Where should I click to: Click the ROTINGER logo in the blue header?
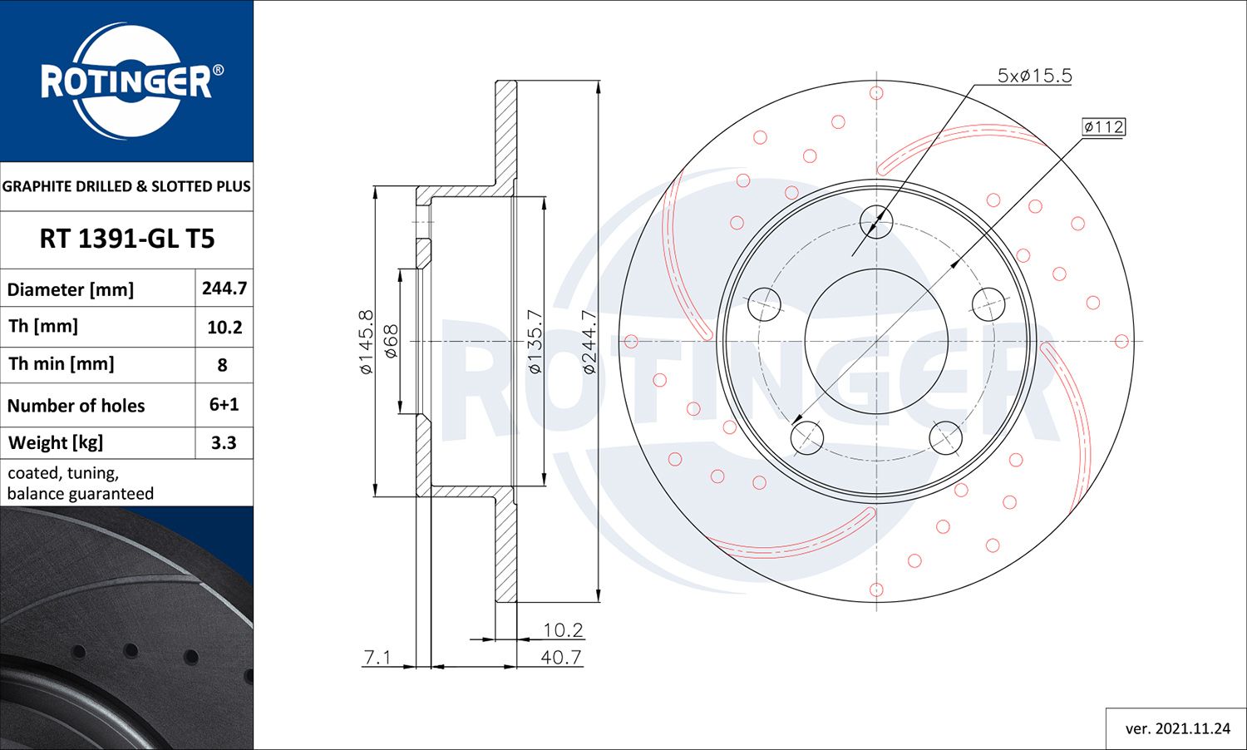tap(127, 81)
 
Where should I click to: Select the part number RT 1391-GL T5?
tap(127, 239)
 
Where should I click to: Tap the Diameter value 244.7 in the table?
tap(224, 289)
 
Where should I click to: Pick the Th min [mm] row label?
tap(62, 363)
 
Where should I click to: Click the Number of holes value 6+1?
tap(224, 404)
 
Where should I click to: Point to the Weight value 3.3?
tap(224, 442)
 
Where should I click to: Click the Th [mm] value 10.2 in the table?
tap(224, 327)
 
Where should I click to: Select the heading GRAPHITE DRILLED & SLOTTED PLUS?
tap(126, 186)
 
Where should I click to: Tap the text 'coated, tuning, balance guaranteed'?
tap(81, 483)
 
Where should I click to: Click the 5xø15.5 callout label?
tap(1034, 76)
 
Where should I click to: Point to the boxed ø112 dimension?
tap(1103, 126)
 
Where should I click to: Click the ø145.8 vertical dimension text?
tap(367, 342)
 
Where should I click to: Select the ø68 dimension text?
tap(391, 342)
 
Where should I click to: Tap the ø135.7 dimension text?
tap(535, 342)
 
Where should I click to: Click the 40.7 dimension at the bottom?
tap(561, 657)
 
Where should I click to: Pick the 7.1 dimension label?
tap(377, 657)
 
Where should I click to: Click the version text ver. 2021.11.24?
tap(1177, 728)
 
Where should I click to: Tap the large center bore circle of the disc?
tap(876, 341)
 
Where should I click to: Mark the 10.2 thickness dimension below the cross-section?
tap(563, 630)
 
